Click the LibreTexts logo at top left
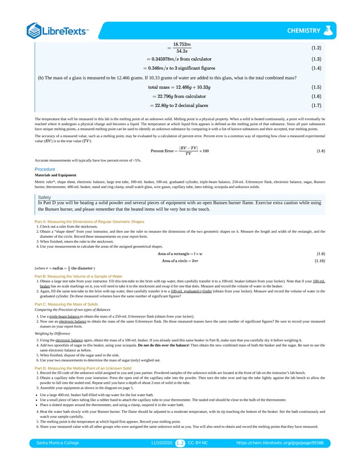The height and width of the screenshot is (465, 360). click(57, 30)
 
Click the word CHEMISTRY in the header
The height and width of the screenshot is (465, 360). click(303, 30)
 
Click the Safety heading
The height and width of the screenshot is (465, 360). click(45, 197)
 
